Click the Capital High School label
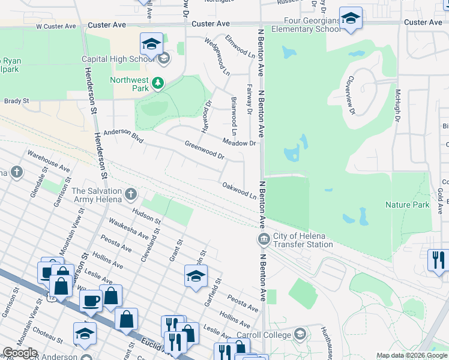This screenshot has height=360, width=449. click(x=118, y=59)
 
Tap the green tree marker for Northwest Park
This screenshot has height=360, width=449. click(x=157, y=83)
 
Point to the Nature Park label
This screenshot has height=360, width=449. click(x=407, y=205)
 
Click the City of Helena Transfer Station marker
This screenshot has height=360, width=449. click(x=263, y=240)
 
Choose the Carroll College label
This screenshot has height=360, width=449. click(x=267, y=334)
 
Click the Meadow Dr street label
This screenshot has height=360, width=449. click(x=239, y=142)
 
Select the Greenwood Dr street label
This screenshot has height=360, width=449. click(x=204, y=151)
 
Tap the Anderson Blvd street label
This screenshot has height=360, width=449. click(x=123, y=136)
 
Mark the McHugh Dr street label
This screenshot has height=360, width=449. click(x=397, y=106)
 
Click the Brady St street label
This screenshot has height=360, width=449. click(x=16, y=101)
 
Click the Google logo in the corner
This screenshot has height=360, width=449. click(x=19, y=353)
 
